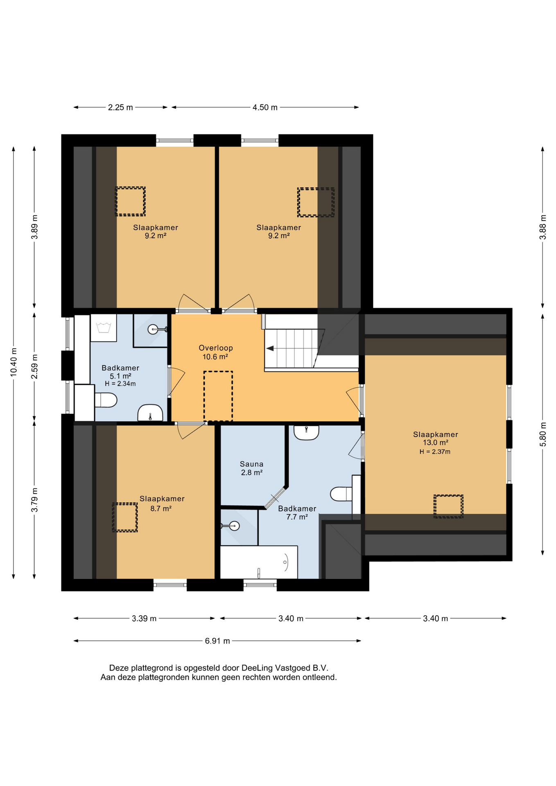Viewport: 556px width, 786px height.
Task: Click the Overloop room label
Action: pos(216,348)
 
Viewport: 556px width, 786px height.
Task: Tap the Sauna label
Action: pos(251,464)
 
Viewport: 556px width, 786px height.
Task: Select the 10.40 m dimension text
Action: pos(14,362)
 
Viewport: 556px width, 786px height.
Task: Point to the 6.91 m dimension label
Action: pos(217,641)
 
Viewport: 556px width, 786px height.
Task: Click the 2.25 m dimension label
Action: pos(120,107)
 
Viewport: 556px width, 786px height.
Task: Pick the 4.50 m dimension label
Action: pos(265,107)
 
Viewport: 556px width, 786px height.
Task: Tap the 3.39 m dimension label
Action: pos(144,618)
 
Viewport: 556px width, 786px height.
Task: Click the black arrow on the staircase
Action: pos(270,348)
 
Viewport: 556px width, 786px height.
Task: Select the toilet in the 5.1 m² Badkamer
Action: pos(106,400)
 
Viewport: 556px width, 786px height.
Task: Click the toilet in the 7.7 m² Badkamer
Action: pos(341,494)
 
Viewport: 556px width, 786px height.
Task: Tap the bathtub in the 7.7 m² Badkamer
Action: pos(259,562)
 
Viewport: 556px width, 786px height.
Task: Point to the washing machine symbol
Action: pos(104,328)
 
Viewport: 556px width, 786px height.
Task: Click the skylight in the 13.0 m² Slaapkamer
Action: pos(448,506)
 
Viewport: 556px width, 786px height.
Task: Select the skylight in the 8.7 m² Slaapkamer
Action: pos(125,517)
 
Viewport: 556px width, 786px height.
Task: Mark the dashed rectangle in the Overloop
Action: pos(218,396)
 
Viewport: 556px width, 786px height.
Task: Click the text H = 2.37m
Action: pos(435,452)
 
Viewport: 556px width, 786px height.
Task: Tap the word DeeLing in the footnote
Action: pos(257,668)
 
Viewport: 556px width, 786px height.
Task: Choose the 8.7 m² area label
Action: pos(161,508)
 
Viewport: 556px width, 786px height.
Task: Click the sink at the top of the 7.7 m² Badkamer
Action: pos(306,432)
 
